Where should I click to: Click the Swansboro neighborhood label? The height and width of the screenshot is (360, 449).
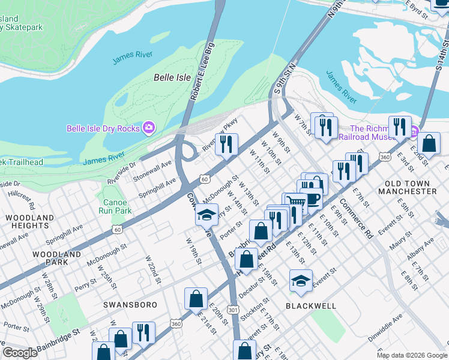(130, 305)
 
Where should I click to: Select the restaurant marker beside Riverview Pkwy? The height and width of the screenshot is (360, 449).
(226, 144)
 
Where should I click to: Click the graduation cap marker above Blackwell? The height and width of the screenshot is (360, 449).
(301, 280)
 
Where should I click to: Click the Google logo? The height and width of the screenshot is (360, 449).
(20, 353)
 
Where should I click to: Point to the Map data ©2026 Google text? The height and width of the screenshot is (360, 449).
(411, 355)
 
